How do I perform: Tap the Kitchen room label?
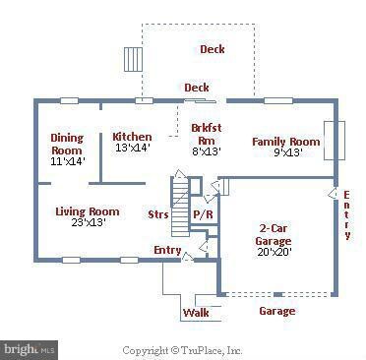(x=132, y=137)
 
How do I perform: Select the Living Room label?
(x=87, y=211)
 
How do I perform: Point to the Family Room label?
(x=285, y=142)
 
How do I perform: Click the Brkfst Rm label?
(x=205, y=134)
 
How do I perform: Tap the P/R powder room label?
(x=204, y=213)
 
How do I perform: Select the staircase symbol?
(x=180, y=207)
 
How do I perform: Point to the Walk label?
(x=196, y=314)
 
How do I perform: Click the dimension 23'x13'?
(x=87, y=222)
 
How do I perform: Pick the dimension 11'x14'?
(x=68, y=159)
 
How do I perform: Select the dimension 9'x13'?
(x=286, y=152)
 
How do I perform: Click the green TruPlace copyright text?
(x=182, y=348)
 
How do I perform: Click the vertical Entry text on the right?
(x=346, y=215)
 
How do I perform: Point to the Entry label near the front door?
(x=167, y=251)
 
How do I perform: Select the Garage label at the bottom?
(x=276, y=311)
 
